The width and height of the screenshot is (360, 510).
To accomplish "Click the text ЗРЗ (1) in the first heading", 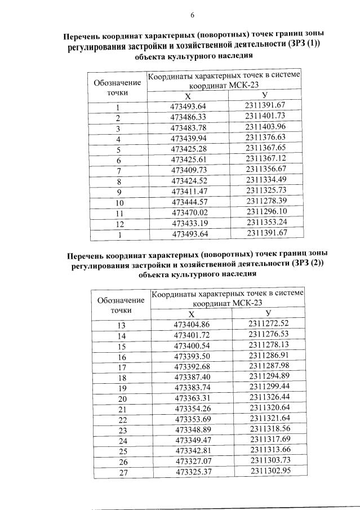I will tap(304, 46).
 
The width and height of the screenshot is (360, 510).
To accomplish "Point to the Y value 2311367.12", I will tap(266, 159).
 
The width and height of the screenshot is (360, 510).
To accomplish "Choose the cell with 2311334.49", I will tap(266, 180).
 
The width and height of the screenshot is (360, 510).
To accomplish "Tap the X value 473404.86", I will tap(192, 324).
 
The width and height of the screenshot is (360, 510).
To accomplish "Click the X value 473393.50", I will tap(192, 357).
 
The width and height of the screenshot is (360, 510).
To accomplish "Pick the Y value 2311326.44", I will tap(270, 398).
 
